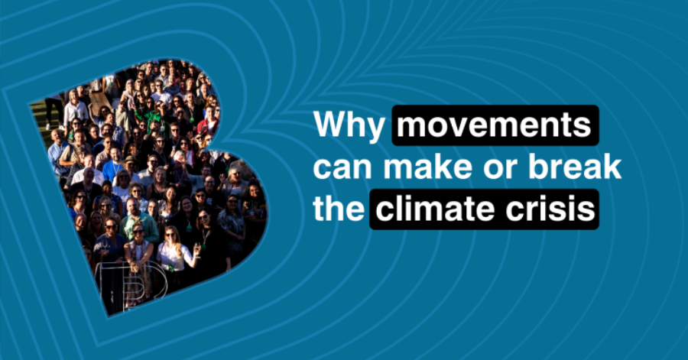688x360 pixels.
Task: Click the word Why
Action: tap(349, 127)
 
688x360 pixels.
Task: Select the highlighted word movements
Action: tap(495, 127)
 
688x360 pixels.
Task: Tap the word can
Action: tap(342, 168)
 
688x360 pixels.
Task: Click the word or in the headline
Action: tap(495, 168)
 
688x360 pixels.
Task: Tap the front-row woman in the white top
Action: tap(171, 256)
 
